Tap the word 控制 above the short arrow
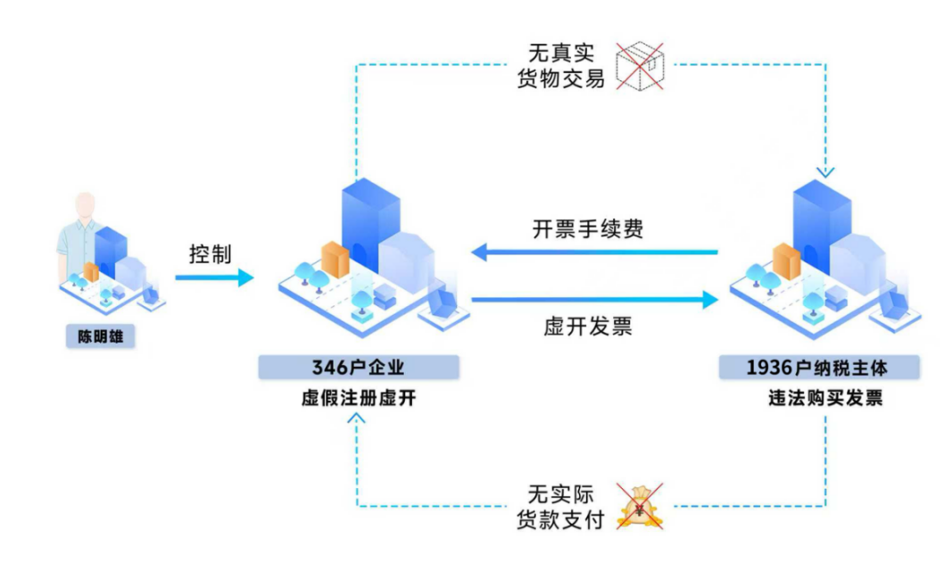tap(210, 254)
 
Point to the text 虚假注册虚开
tap(359, 399)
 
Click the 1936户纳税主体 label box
tap(819, 368)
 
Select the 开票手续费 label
tap(588, 229)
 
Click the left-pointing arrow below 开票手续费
tap(593, 253)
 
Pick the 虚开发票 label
tap(588, 327)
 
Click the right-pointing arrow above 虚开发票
tap(593, 300)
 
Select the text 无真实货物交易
tap(561, 66)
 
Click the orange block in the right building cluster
tap(787, 261)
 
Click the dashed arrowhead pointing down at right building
tap(825, 172)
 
